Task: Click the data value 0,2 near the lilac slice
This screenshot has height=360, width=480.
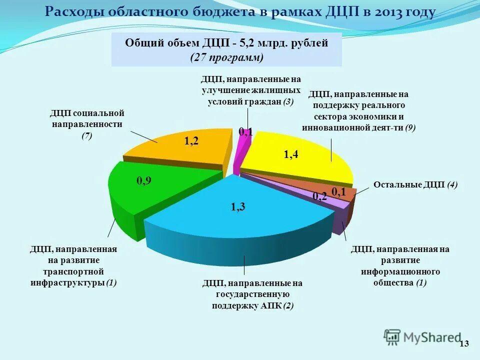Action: [319, 196]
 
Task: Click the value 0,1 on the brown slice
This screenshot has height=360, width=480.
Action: [339, 192]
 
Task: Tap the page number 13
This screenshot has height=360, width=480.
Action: [464, 343]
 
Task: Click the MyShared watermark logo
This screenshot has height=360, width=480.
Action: [422, 336]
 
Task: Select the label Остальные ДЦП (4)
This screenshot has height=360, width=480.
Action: [415, 184]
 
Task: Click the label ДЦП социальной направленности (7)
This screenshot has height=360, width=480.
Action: [87, 124]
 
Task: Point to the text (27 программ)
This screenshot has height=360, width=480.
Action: [226, 57]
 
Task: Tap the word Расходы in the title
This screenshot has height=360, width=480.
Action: [68, 12]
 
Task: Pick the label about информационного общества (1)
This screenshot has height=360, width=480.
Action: [400, 266]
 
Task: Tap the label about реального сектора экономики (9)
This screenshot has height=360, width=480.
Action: [358, 110]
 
